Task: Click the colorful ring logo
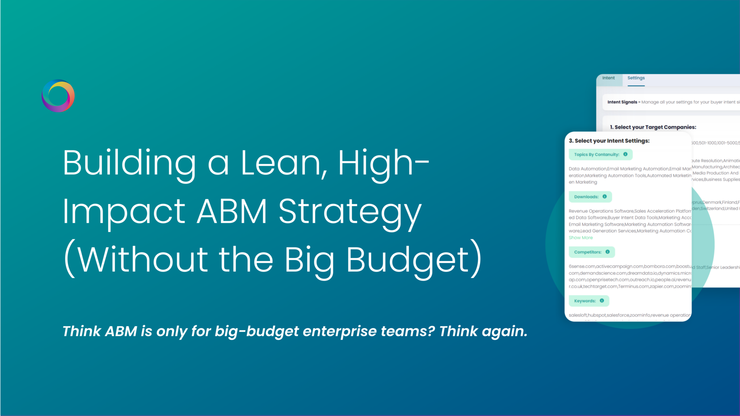[x=58, y=96]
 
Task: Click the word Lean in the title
[x=280, y=163]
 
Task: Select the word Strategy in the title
[x=350, y=212]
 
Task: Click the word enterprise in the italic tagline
[x=340, y=331]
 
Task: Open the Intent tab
[x=608, y=78]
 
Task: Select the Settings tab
[x=636, y=78]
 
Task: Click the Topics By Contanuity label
[x=597, y=155]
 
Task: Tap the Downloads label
[x=586, y=197]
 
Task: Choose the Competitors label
[x=588, y=252]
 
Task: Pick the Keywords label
[x=585, y=301]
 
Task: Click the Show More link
[x=581, y=238]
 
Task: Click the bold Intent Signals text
[x=622, y=102]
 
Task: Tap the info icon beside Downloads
[x=605, y=196]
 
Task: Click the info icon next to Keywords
[x=602, y=300]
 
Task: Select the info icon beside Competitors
[x=607, y=252]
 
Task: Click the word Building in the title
[x=129, y=163]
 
